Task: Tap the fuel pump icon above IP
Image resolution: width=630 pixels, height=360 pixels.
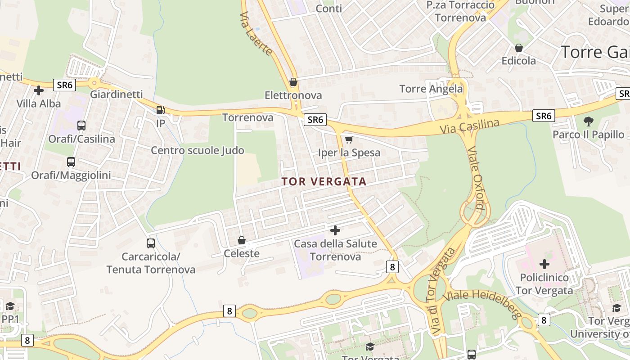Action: click(x=160, y=110)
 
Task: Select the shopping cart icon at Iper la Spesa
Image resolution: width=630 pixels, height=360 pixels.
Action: click(x=349, y=139)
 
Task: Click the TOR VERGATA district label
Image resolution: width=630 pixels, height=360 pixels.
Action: click(x=324, y=182)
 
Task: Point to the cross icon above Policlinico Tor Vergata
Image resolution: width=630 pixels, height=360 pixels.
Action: click(x=544, y=264)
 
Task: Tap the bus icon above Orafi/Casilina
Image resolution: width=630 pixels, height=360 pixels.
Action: click(x=81, y=126)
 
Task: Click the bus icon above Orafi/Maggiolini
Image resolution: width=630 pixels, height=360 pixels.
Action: click(x=71, y=162)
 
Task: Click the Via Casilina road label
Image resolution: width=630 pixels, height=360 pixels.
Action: click(x=470, y=126)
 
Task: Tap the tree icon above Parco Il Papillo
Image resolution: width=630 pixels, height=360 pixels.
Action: click(x=588, y=121)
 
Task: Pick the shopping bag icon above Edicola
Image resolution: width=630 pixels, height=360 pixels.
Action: click(x=519, y=48)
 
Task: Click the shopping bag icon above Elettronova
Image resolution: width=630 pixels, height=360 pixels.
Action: click(x=293, y=82)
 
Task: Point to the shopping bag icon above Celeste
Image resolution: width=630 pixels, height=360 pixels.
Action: click(x=242, y=240)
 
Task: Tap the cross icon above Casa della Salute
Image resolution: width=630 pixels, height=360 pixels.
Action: click(x=335, y=230)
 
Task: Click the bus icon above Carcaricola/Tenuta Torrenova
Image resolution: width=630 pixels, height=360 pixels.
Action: click(x=151, y=243)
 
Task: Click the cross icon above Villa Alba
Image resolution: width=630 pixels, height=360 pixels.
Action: click(x=39, y=90)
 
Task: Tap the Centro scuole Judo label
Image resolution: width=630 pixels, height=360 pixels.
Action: click(x=198, y=150)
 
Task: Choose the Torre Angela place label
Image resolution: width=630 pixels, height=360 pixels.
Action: click(x=431, y=89)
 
